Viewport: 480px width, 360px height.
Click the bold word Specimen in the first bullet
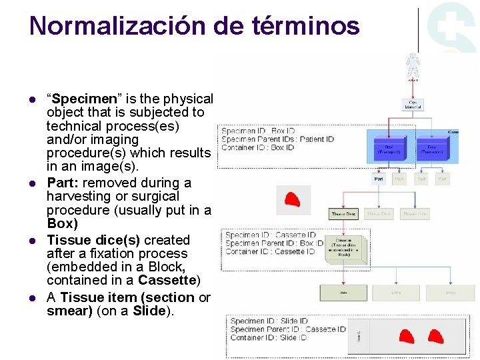point(76,99)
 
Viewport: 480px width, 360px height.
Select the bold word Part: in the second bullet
point(62,183)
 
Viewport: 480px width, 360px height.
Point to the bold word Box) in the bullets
point(62,224)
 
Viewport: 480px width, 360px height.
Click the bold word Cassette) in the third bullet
point(175,280)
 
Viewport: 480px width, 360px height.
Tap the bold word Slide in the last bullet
point(149,311)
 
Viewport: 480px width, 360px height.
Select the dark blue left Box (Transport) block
point(388,150)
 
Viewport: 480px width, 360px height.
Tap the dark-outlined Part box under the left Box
point(379,179)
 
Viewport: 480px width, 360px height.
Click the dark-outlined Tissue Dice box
point(344,214)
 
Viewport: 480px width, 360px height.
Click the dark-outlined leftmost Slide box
point(344,292)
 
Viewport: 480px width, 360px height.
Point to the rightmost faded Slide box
point(451,292)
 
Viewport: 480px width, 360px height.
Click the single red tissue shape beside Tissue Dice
point(292,199)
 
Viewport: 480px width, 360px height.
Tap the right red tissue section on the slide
point(435,337)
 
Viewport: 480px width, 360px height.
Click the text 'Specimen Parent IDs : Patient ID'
point(277,139)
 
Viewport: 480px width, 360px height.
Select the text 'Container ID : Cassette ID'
point(270,251)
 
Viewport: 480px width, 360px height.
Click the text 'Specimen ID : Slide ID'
point(269,321)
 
